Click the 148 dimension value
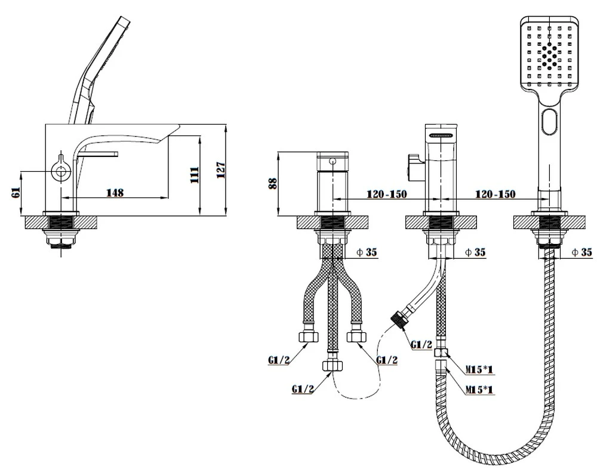(115, 192)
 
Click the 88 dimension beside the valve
(273, 184)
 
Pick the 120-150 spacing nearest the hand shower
(495, 194)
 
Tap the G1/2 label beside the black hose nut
(421, 344)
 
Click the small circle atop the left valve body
(333, 161)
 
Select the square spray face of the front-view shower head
(549, 54)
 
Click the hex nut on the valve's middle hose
(332, 365)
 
